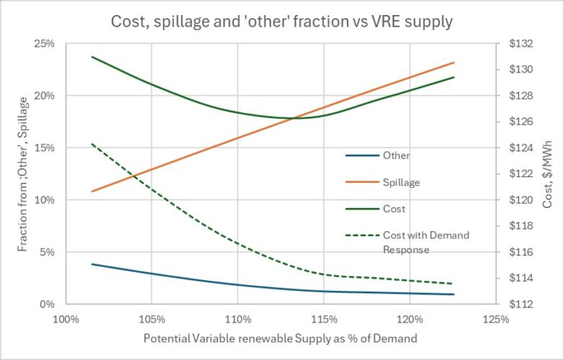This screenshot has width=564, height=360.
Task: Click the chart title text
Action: (282, 22)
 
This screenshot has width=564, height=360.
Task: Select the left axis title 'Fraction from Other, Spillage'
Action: (24, 174)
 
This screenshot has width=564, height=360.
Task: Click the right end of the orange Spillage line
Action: (454, 63)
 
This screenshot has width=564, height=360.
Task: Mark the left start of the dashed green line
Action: (92, 144)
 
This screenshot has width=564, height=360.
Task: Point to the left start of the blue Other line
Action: (92, 264)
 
